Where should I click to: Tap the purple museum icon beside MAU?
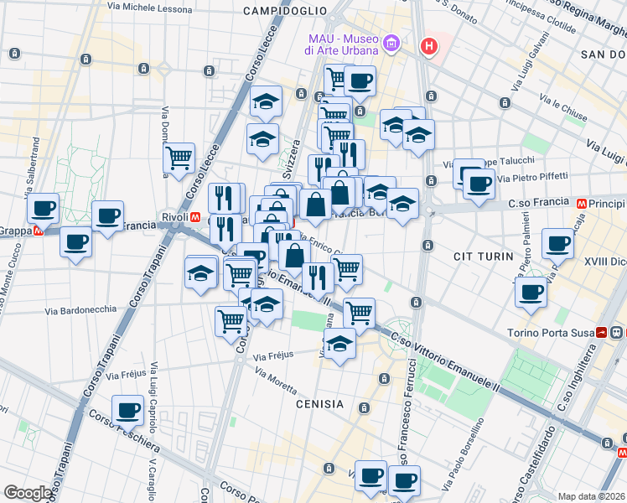390,43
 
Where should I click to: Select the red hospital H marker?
429,46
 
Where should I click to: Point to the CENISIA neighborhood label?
319,404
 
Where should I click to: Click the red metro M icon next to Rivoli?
195,216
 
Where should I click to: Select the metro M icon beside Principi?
579,203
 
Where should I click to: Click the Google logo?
28,493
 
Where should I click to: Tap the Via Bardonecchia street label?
81,309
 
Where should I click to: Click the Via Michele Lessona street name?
148,6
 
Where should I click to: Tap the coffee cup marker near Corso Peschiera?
128,410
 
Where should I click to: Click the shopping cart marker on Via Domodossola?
179,157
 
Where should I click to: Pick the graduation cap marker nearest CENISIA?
339,344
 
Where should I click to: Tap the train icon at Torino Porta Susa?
602,333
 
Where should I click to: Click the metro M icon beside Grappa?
37,231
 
